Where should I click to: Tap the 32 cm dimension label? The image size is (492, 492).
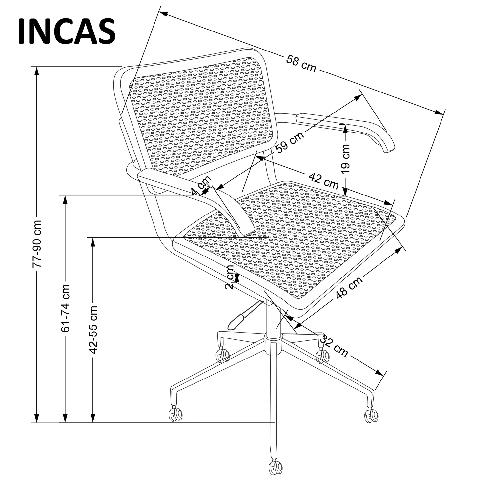(334, 346)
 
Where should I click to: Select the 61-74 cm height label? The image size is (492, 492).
(66, 308)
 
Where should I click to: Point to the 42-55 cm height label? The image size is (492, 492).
(93, 329)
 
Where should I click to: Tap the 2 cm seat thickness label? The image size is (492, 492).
(230, 277)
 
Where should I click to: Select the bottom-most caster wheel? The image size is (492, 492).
(276, 467)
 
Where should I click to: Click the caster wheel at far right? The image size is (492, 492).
(371, 416)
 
